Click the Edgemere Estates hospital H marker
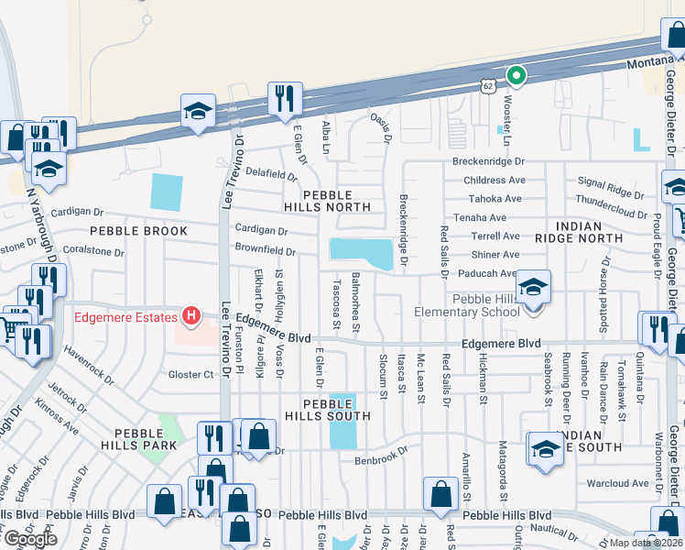pyautogui.click(x=191, y=317)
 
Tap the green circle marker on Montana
pyautogui.click(x=516, y=76)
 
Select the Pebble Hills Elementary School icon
pyautogui.click(x=533, y=288)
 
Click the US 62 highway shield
pyautogui.click(x=486, y=85)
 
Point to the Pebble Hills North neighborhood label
pyautogui.click(x=338, y=201)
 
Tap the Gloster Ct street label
pyautogui.click(x=190, y=374)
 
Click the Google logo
pyautogui.click(x=30, y=538)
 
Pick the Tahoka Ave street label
pyautogui.click(x=494, y=199)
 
